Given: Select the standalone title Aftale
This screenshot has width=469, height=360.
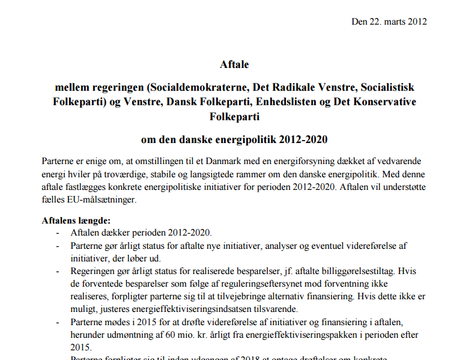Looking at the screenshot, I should tap(234, 64).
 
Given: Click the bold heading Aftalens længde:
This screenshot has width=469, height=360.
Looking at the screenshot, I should tap(76, 221).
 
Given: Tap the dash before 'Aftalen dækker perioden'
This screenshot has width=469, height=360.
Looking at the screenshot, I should tap(58, 233).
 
